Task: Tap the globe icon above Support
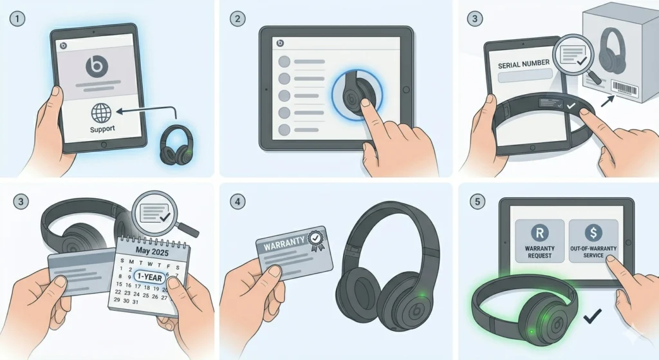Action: coord(101,113)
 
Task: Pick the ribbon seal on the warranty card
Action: coord(316,240)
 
